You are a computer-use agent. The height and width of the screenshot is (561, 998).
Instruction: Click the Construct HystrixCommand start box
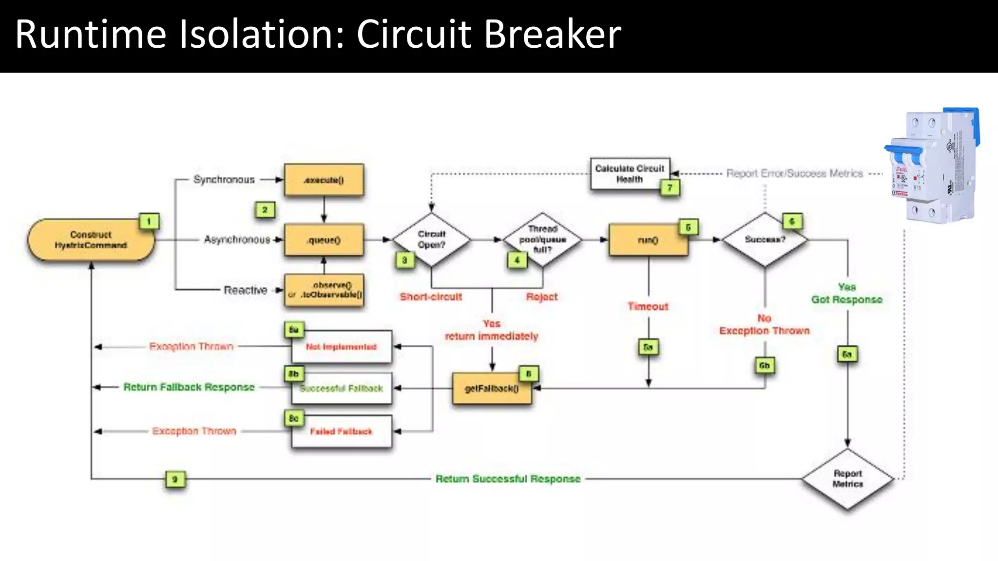pyautogui.click(x=91, y=240)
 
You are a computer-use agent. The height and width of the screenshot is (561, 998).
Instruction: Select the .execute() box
pyautogui.click(x=324, y=180)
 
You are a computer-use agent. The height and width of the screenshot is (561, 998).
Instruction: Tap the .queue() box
pyautogui.click(x=324, y=240)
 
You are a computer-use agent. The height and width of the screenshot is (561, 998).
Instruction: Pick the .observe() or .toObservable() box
pyautogui.click(x=324, y=290)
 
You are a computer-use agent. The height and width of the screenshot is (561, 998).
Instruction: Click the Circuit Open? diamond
pyautogui.click(x=431, y=240)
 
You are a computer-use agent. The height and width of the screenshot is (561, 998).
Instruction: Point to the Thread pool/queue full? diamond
pyautogui.click(x=542, y=240)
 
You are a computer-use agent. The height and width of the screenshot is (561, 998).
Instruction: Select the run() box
pyautogui.click(x=648, y=240)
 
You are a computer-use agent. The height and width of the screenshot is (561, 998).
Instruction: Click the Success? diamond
pyautogui.click(x=765, y=240)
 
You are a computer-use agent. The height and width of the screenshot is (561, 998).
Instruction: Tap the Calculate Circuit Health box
pyautogui.click(x=630, y=174)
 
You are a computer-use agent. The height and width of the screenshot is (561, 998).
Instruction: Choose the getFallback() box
pyautogui.click(x=491, y=389)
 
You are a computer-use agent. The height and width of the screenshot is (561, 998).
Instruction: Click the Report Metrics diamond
pyautogui.click(x=847, y=479)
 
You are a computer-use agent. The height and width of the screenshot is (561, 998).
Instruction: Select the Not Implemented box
pyautogui.click(x=341, y=347)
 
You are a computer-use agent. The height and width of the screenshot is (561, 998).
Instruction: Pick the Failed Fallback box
pyautogui.click(x=341, y=431)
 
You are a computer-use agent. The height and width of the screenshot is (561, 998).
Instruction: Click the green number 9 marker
pyautogui.click(x=174, y=479)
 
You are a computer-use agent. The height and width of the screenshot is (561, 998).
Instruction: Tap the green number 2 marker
pyautogui.click(x=265, y=210)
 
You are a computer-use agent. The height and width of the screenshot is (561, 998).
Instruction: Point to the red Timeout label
pyautogui.click(x=648, y=306)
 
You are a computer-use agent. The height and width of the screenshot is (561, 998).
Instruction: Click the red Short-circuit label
pyautogui.click(x=431, y=297)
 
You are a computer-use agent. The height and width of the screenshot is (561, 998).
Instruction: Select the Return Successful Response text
pyautogui.click(x=508, y=479)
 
